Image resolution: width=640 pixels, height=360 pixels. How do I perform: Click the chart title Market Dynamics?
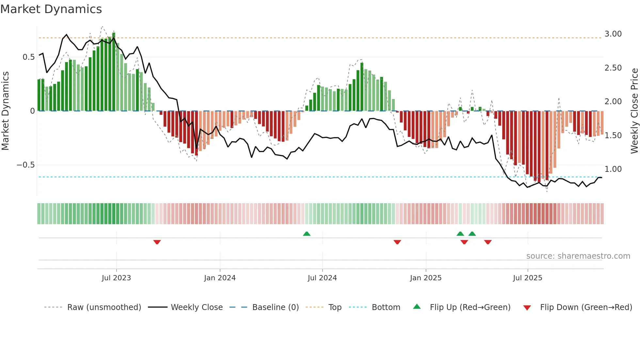click(x=51, y=9)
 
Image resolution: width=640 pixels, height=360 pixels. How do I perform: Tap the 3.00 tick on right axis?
click(x=613, y=34)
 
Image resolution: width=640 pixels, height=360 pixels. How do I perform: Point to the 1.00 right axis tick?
click(x=613, y=169)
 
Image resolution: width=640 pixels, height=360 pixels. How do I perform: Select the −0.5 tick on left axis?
click(x=25, y=165)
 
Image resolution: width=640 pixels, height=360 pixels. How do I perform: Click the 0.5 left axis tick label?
click(x=28, y=57)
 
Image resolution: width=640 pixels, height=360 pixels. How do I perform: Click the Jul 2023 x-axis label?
click(x=116, y=278)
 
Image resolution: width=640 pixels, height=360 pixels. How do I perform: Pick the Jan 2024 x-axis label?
click(x=220, y=278)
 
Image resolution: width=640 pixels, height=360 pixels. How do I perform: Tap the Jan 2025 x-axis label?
click(x=426, y=278)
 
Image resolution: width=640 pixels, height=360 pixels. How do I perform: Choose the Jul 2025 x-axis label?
click(x=528, y=278)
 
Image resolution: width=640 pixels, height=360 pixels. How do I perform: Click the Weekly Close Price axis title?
click(x=634, y=111)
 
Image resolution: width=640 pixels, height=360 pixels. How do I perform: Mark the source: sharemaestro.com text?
click(x=578, y=256)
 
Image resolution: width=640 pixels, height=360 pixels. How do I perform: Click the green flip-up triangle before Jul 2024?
click(x=307, y=234)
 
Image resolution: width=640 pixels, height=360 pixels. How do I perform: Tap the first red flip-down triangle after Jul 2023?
click(x=157, y=242)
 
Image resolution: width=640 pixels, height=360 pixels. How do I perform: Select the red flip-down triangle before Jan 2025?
click(x=397, y=242)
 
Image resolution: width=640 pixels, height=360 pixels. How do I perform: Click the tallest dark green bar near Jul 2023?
click(x=114, y=72)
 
